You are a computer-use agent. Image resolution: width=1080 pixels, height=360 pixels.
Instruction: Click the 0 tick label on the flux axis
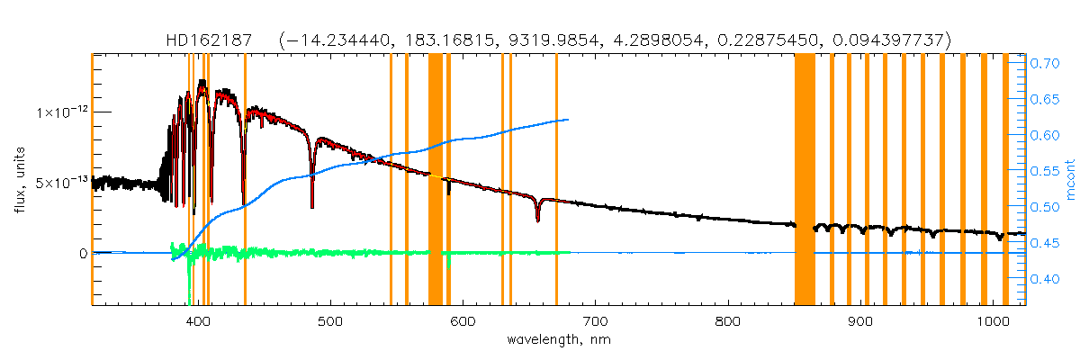click(x=82, y=253)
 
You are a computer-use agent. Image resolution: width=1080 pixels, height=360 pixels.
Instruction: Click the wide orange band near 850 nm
click(x=805, y=180)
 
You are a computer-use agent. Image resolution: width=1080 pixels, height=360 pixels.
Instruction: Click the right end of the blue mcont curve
click(x=568, y=120)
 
